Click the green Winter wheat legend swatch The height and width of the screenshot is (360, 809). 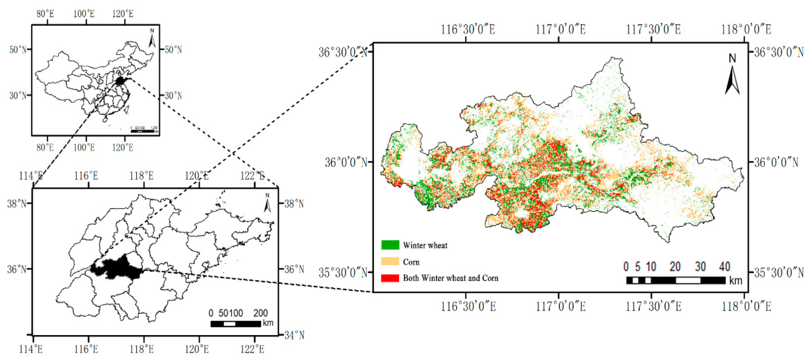tap(390, 245)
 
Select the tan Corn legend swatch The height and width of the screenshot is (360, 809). tap(390, 261)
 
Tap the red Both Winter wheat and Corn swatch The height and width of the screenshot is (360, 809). tap(390, 278)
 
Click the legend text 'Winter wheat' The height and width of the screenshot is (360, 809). tap(425, 245)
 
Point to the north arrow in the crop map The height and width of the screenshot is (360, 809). tap(732, 76)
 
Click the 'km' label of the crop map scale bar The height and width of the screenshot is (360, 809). tap(736, 281)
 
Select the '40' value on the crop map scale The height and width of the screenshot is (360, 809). tap(724, 267)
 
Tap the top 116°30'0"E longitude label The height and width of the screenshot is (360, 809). tap(468, 30)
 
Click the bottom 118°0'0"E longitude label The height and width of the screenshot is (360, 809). tap(746, 307)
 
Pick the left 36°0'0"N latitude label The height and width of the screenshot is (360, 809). tap(346, 162)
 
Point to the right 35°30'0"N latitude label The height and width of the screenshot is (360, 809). tap(779, 272)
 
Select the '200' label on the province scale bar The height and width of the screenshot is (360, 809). tap(261, 313)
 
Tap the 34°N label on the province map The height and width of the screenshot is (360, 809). tap(294, 335)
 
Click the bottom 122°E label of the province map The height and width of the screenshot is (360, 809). tap(253, 349)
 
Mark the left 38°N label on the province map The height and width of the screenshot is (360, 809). tap(17, 204)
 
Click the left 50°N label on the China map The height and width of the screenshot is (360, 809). tap(18, 49)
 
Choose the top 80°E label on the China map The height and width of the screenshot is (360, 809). tap(45, 14)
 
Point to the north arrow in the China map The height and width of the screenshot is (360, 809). tap(152, 39)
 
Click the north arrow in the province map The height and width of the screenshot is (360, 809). tap(267, 203)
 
